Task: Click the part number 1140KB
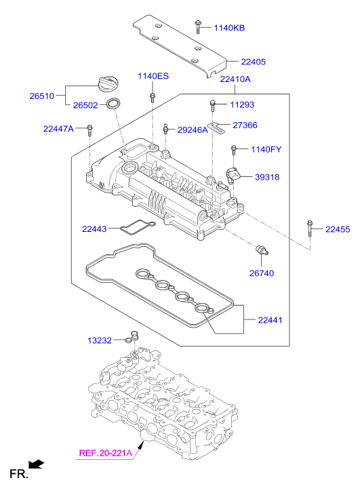click(x=229, y=28)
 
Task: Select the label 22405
click(x=253, y=62)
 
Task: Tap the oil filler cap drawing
click(x=107, y=84)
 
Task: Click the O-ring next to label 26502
click(x=113, y=104)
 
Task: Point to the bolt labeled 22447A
click(x=90, y=130)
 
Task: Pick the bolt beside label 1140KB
click(x=198, y=26)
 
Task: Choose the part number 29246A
click(x=193, y=130)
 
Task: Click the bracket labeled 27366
click(x=218, y=127)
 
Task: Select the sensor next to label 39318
click(x=233, y=175)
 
